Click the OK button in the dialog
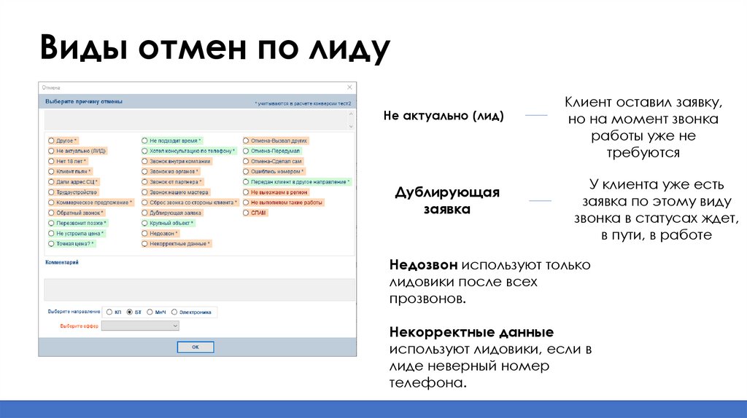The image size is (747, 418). [x=196, y=347]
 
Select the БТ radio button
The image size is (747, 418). [x=130, y=312]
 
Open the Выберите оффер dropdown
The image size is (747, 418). [x=140, y=326]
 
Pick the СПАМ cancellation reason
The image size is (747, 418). [x=246, y=213]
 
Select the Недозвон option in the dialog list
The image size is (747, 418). [x=145, y=233]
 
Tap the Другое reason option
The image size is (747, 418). [x=51, y=140]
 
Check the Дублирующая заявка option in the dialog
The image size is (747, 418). [x=145, y=213]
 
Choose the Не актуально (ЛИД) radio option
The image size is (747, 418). [x=51, y=151]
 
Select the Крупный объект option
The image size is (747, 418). [x=145, y=223]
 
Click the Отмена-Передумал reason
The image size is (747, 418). [x=246, y=151]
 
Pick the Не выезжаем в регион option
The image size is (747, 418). [x=246, y=192]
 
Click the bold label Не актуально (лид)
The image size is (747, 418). [x=444, y=116]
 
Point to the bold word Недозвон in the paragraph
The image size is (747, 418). [x=422, y=265]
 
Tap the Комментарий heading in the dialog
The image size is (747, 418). [x=61, y=262]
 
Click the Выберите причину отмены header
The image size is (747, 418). [x=84, y=101]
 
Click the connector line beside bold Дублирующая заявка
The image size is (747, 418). [x=540, y=200]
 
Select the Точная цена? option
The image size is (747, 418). [x=51, y=244]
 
